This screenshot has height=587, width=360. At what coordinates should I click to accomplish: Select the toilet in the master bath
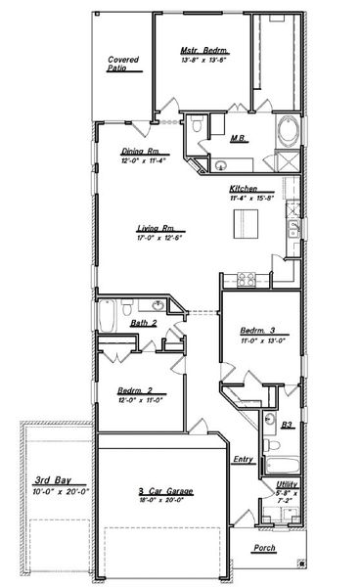(x=198, y=125)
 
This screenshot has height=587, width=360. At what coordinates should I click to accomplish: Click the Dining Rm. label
(x=141, y=151)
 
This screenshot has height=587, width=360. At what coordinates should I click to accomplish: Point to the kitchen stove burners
(x=241, y=278)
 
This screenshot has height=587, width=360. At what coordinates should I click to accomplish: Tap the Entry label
(x=243, y=460)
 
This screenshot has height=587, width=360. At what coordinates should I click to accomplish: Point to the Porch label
(x=264, y=548)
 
